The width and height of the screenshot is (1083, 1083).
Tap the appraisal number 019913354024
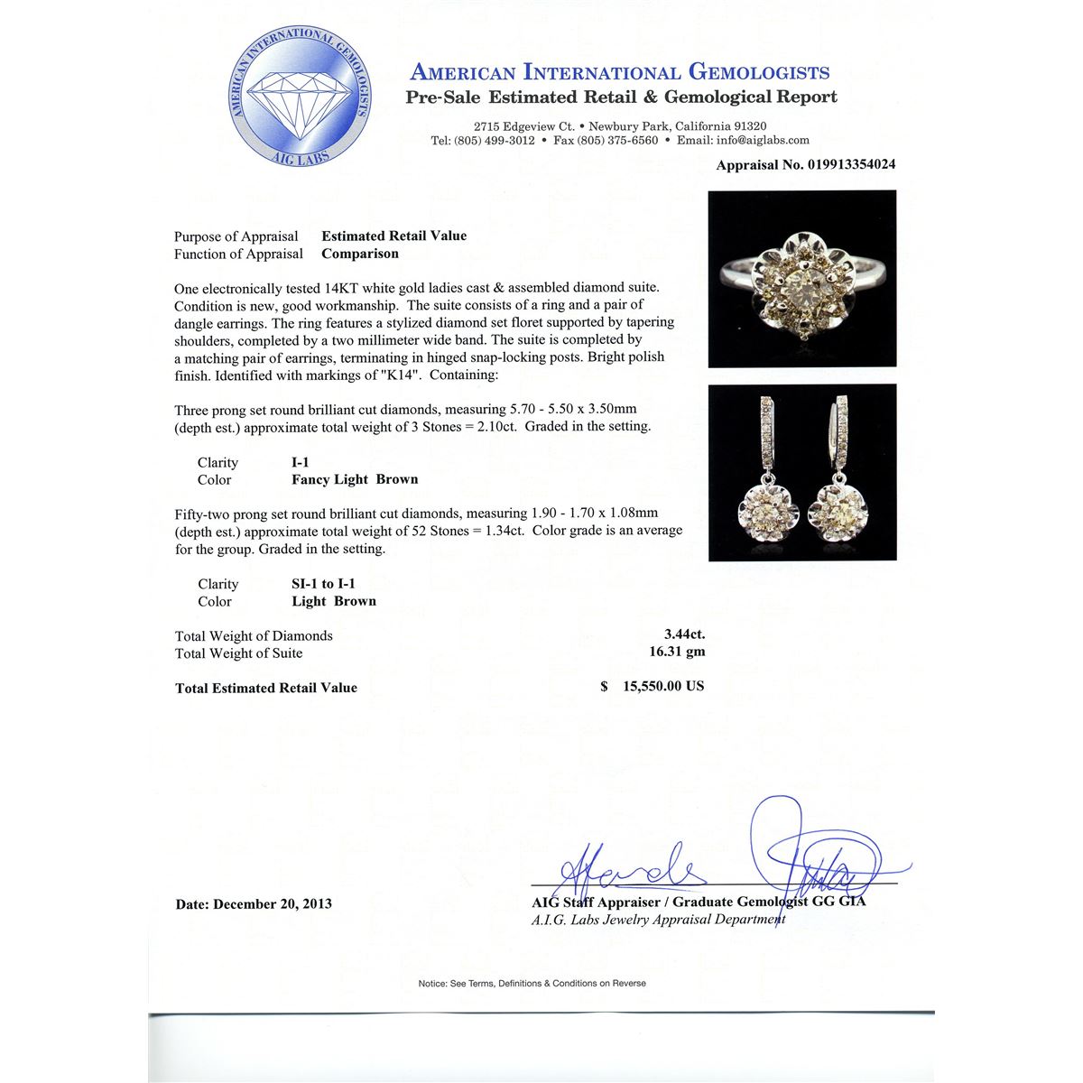pyautogui.click(x=840, y=165)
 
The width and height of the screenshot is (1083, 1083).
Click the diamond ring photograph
pyautogui.click(x=801, y=278)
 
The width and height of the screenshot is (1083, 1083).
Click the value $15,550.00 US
pyautogui.click(x=662, y=686)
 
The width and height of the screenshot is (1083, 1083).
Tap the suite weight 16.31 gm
pyautogui.click(x=677, y=652)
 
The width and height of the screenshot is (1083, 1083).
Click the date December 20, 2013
pyautogui.click(x=273, y=903)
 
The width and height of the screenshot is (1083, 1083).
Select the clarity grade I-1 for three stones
pyautogui.click(x=301, y=462)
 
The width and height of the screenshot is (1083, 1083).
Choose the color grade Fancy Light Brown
pyautogui.click(x=355, y=479)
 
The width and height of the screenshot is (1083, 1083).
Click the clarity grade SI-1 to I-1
pyautogui.click(x=323, y=584)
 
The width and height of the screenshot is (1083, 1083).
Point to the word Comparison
pyautogui.click(x=360, y=254)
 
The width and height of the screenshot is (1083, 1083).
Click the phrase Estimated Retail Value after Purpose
pyautogui.click(x=394, y=236)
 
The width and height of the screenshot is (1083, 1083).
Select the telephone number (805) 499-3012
pyautogui.click(x=494, y=140)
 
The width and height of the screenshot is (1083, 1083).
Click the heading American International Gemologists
pyautogui.click(x=620, y=72)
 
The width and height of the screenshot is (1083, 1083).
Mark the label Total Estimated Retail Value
pyautogui.click(x=266, y=688)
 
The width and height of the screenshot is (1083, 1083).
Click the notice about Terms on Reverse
pyautogui.click(x=532, y=983)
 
